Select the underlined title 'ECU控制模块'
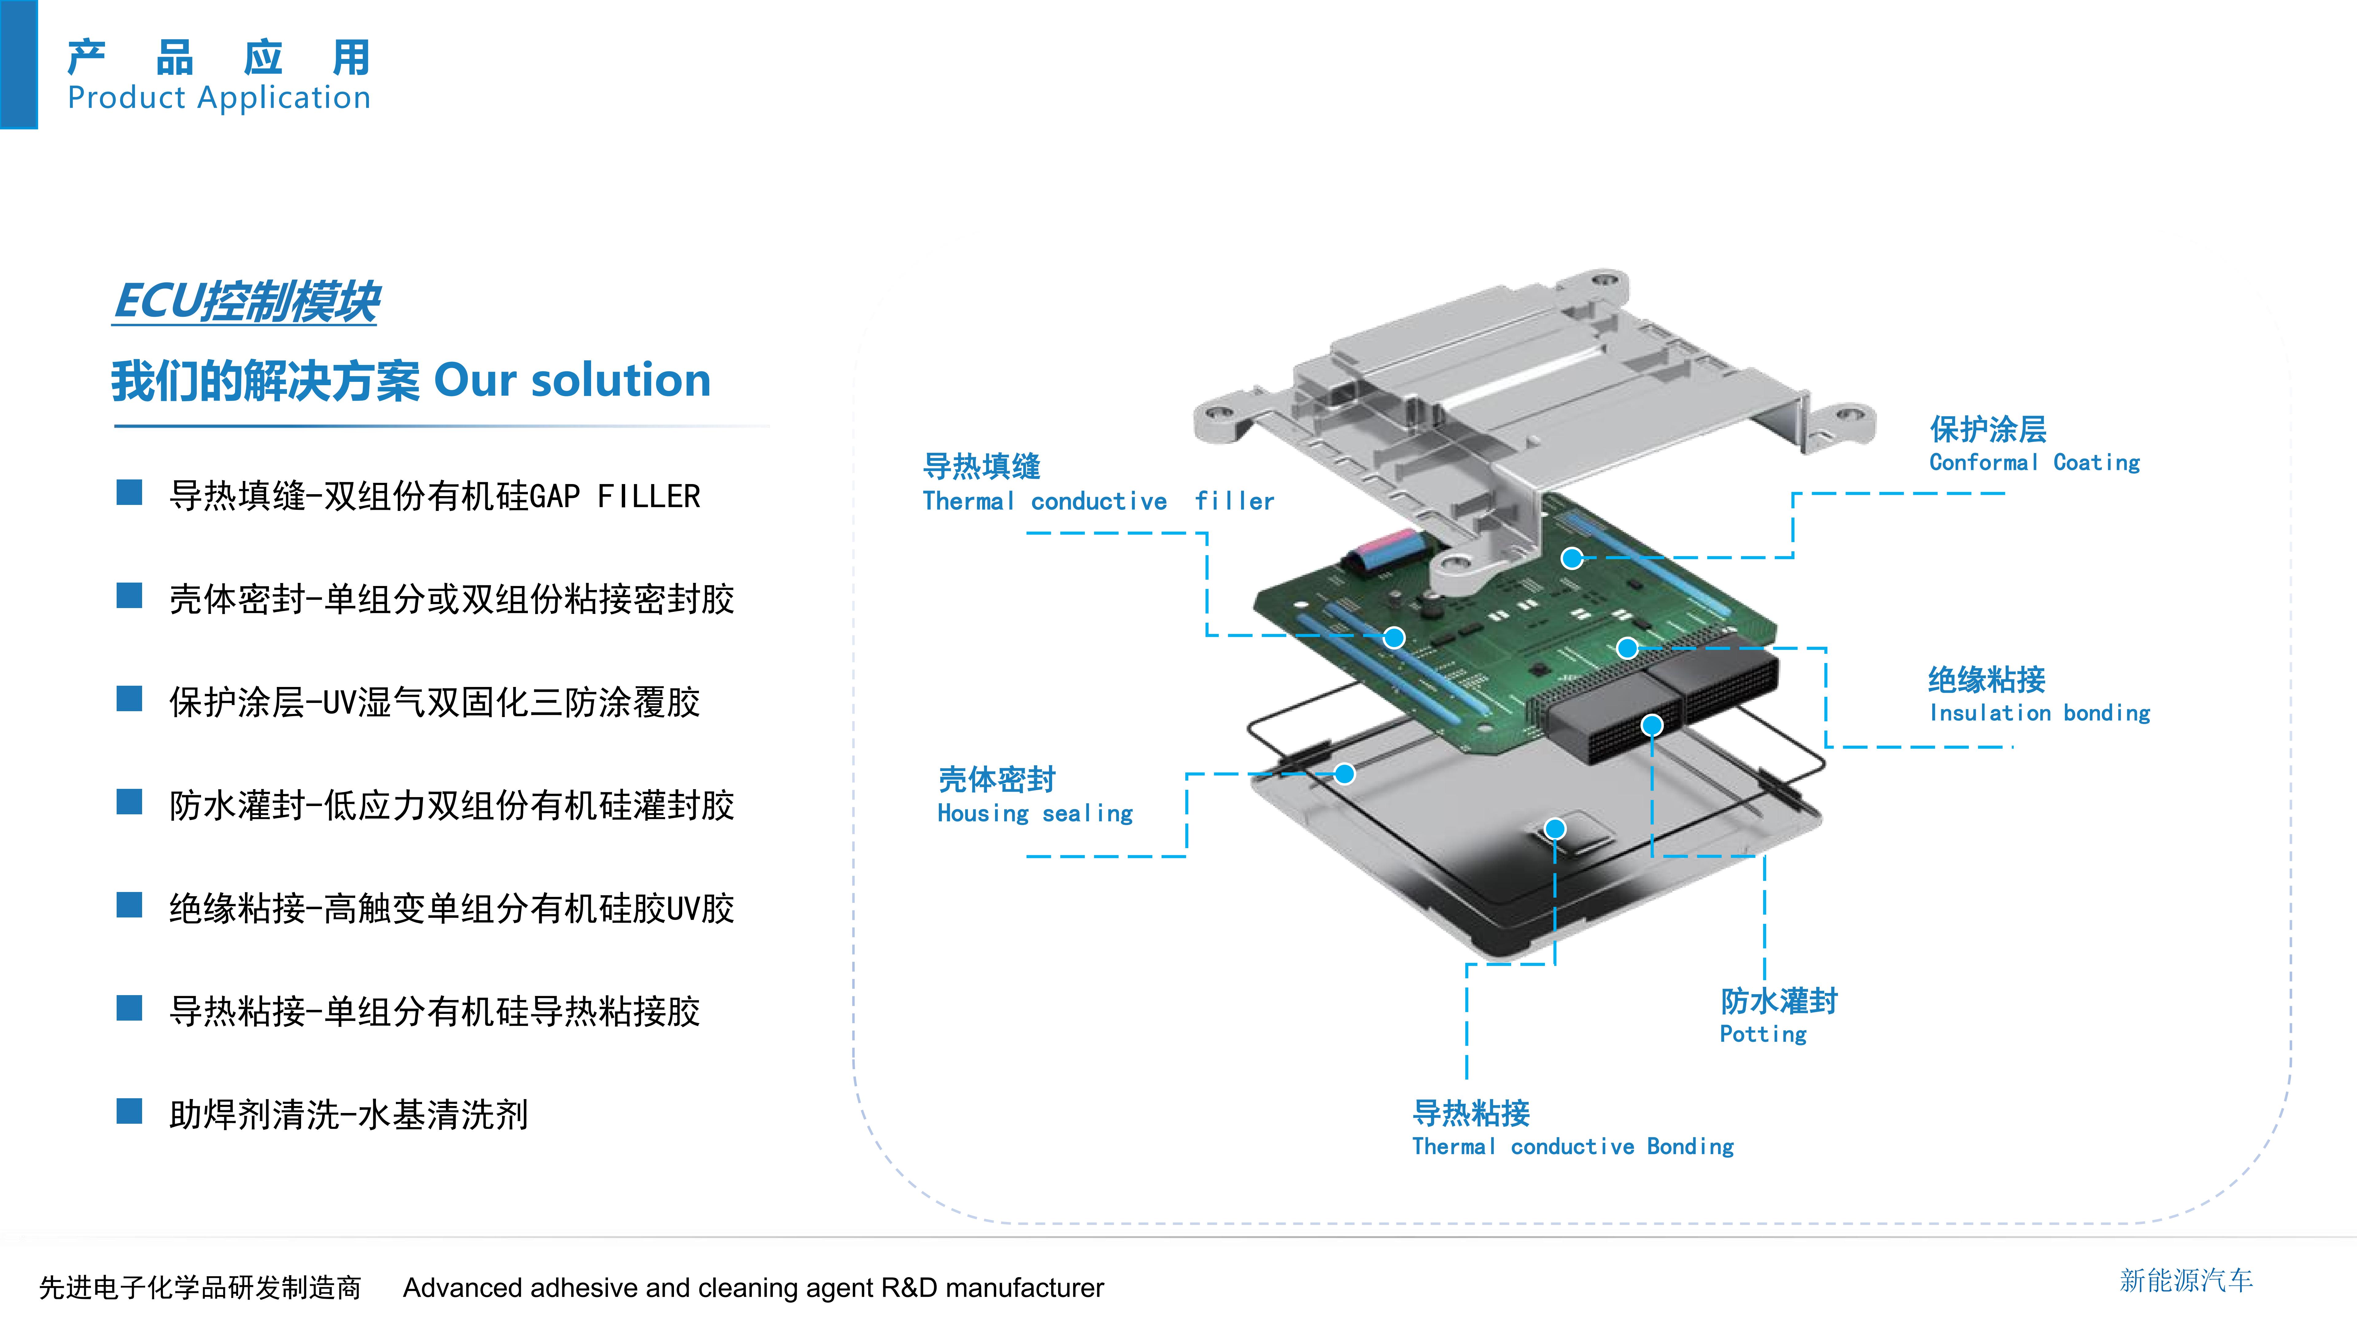coord(246,302)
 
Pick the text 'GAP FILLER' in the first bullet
coord(615,497)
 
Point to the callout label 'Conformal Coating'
coord(2035,462)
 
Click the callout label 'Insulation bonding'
coord(2039,713)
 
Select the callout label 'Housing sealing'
coord(1035,813)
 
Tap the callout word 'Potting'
coord(1763,1034)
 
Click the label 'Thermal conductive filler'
coord(1098,502)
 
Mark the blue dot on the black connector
coord(1651,726)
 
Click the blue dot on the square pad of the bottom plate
coord(1554,829)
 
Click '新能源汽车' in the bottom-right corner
coord(2186,1280)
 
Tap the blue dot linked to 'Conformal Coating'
coord(1572,558)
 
